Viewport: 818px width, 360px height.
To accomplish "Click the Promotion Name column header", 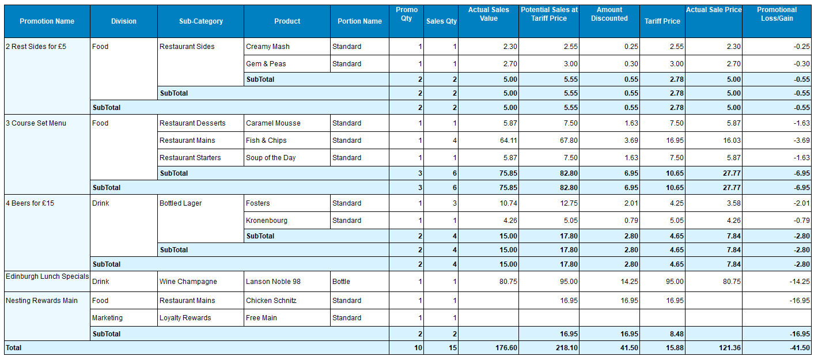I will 47,21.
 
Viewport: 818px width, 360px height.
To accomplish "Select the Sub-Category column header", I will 200,21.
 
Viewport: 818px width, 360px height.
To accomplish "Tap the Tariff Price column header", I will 662,21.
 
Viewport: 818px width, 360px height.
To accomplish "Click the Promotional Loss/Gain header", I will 777,14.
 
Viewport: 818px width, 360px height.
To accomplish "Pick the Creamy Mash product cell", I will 268,47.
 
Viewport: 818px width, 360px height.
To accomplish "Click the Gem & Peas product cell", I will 266,64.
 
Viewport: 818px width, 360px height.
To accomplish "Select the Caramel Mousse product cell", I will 273,123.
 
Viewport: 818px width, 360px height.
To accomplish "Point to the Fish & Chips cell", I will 266,141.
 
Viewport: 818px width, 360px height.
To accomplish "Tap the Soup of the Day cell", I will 271,158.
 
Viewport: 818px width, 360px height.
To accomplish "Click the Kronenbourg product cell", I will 267,221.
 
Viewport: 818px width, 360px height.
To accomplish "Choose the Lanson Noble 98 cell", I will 273,282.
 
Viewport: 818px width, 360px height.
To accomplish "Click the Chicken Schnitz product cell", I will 271,301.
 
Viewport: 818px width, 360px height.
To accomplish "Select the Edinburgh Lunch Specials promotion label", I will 47,276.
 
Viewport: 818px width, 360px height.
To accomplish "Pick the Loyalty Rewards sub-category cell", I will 185,318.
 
